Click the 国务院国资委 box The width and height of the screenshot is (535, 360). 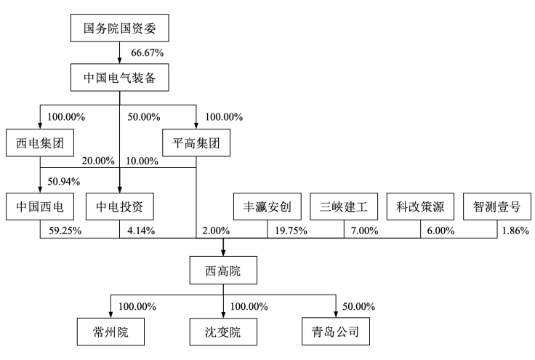point(120,28)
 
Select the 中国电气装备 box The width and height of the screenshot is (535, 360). point(120,77)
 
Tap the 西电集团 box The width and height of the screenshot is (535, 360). point(40,143)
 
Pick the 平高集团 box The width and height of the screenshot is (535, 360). point(196,143)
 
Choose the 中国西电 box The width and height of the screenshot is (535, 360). point(40,207)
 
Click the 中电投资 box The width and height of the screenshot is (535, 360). point(120,207)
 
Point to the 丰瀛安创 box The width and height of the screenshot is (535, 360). point(267,207)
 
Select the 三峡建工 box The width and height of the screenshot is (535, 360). point(344,207)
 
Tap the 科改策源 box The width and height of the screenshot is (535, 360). point(420,207)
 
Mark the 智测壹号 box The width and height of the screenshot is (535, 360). point(497,207)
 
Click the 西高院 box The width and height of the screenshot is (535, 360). point(223,271)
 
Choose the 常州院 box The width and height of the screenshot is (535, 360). point(110,332)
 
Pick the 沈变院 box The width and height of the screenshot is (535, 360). point(223,332)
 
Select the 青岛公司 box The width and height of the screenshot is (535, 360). point(336,332)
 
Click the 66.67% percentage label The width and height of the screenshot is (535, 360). point(148,53)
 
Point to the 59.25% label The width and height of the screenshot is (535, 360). point(65,231)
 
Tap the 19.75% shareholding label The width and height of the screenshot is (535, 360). point(291,231)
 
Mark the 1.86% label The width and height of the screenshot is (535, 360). point(515,231)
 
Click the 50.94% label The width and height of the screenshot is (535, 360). point(64,181)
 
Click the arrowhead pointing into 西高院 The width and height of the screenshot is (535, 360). point(223,253)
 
